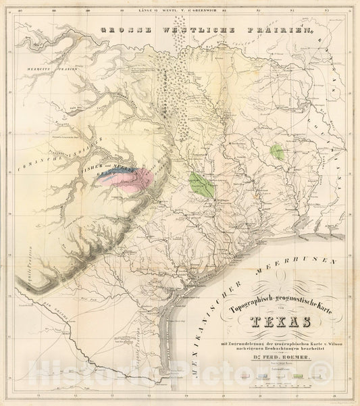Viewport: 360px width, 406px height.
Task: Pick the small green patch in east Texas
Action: (x=276, y=151)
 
